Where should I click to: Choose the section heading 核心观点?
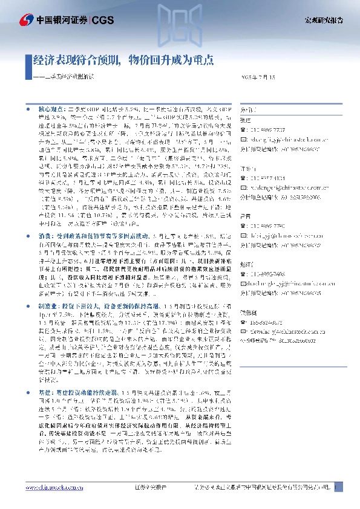[53, 108]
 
